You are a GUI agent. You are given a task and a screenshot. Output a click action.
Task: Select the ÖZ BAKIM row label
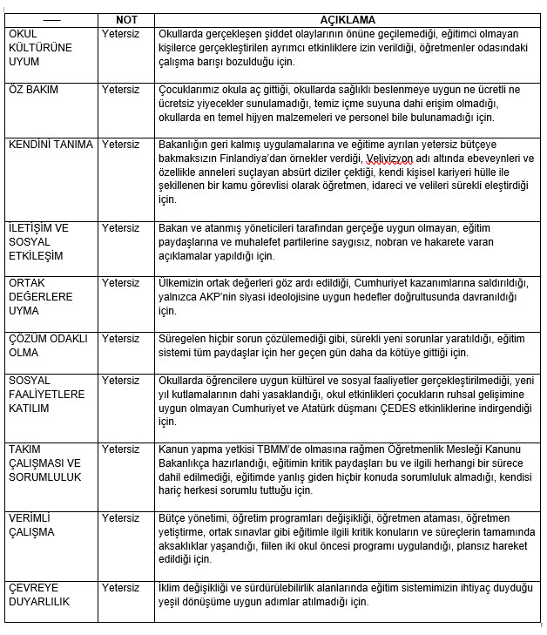30,91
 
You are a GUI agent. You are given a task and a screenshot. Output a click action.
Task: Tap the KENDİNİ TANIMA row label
49,144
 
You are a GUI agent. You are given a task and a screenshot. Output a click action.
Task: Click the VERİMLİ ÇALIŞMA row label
31,524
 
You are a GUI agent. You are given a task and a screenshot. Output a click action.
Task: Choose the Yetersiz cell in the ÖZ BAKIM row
120,91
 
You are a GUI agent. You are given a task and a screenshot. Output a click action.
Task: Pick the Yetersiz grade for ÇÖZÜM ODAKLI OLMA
120,337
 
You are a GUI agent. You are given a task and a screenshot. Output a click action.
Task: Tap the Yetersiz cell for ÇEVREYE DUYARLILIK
120,588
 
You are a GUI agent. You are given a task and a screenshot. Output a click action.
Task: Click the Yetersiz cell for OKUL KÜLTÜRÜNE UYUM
120,33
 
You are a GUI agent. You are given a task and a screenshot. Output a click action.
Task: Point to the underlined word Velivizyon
393,159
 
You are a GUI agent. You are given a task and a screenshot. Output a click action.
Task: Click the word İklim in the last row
171,588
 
